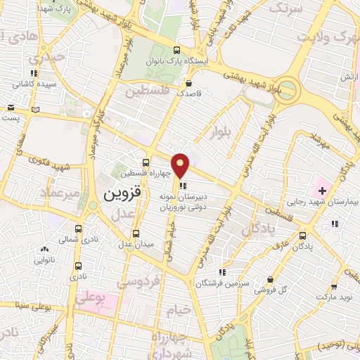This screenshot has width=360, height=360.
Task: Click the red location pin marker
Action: tap(181, 165)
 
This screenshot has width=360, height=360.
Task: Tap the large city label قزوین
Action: tap(123, 191)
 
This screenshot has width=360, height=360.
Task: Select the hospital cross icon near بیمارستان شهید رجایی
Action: tap(322, 191)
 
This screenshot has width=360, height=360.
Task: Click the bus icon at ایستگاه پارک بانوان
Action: tap(176, 50)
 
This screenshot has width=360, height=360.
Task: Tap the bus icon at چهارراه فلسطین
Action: tap(146, 162)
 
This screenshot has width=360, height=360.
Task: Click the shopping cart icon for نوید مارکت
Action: tap(335, 285)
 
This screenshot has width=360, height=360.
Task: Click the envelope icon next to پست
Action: tap(11, 108)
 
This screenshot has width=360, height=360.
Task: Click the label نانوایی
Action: tap(44, 259)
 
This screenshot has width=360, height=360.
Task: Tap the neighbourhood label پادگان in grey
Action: tap(257, 230)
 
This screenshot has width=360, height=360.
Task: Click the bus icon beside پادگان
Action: tap(303, 236)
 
